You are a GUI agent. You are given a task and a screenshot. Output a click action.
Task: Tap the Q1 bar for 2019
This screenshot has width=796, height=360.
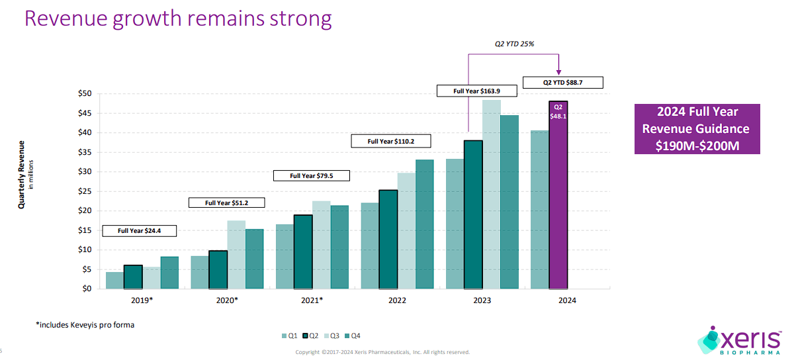[114, 280]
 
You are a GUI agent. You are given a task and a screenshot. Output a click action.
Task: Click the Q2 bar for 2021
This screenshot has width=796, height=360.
[303, 251]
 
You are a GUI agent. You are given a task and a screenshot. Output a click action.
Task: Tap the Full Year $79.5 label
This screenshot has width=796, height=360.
[311, 175]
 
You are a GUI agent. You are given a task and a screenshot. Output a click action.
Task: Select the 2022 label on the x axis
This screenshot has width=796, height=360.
[397, 300]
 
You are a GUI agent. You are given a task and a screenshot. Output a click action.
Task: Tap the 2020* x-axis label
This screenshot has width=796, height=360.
[227, 300]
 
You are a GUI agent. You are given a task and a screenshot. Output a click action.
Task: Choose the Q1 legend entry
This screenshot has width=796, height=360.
[290, 336]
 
